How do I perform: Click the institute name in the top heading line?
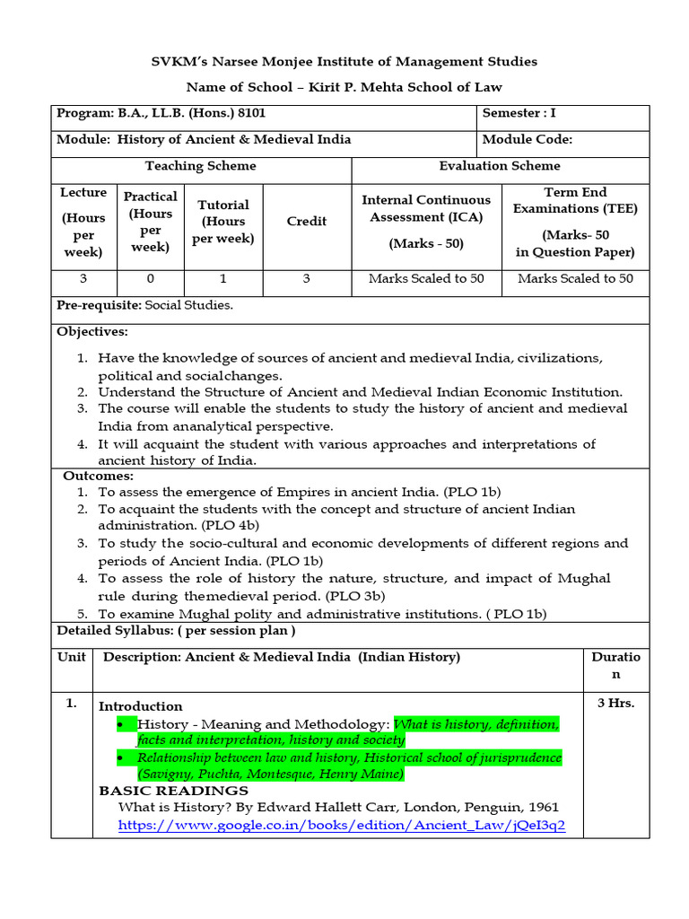click(x=344, y=61)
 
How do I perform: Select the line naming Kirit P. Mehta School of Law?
click(x=344, y=87)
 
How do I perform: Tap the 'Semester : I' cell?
click(x=519, y=114)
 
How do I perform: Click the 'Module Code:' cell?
click(x=527, y=140)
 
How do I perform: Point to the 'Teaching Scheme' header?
click(x=200, y=166)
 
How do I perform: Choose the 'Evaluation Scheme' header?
click(x=500, y=166)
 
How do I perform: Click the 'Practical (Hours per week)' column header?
click(x=150, y=222)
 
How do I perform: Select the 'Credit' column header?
click(x=307, y=222)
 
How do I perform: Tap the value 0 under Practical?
click(x=150, y=279)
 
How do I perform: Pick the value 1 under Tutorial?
click(x=223, y=279)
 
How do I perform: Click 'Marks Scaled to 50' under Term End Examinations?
click(x=575, y=279)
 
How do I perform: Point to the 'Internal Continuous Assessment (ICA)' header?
click(x=426, y=208)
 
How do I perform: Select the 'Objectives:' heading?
click(x=92, y=332)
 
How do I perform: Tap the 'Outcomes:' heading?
click(x=98, y=477)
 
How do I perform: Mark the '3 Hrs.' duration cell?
click(x=615, y=704)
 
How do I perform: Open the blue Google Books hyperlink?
click(x=342, y=826)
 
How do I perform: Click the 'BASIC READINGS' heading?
click(x=173, y=791)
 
